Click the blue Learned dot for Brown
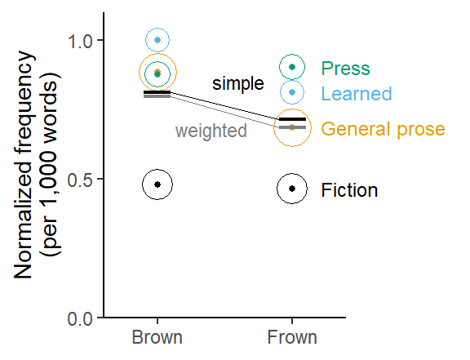click(x=157, y=40)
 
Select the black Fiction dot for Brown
click(x=157, y=184)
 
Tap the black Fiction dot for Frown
click(x=292, y=189)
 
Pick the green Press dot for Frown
click(x=292, y=67)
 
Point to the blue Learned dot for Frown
click(x=292, y=92)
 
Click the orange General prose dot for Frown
click(x=292, y=127)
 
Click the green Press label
click(x=346, y=69)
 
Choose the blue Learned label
click(x=357, y=94)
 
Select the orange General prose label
click(x=383, y=129)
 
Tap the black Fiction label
click(x=349, y=190)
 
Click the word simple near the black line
click(x=238, y=83)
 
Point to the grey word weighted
click(x=211, y=131)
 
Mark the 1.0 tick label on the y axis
click(x=80, y=41)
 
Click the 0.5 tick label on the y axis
click(x=80, y=180)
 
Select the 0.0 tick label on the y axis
click(x=80, y=319)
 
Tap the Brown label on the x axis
click(x=157, y=337)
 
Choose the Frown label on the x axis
click(x=292, y=337)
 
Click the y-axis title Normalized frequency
click(x=24, y=165)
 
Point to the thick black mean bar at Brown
click(x=157, y=92)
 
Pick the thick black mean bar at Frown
click(x=292, y=119)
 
